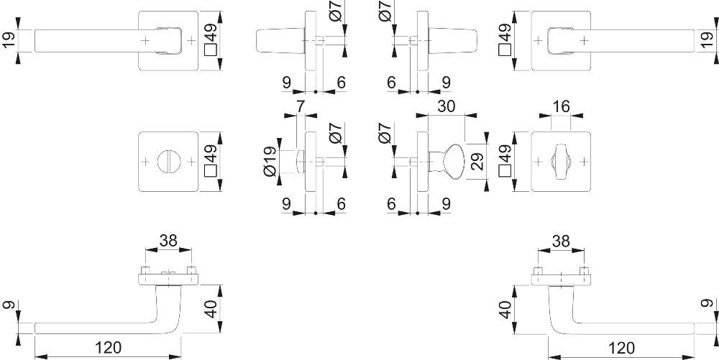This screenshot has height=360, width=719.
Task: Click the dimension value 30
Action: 446,106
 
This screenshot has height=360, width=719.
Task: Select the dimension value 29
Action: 478,162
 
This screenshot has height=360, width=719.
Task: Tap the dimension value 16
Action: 561,106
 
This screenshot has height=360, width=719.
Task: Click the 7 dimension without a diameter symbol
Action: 301,106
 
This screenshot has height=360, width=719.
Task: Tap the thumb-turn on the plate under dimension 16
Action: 561,162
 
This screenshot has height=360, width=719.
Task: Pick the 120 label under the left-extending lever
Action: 109,348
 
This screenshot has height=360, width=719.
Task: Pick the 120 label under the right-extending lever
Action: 621,348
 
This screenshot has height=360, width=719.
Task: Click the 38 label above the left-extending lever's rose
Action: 168,241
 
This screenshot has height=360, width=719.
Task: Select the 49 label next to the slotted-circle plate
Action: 210,162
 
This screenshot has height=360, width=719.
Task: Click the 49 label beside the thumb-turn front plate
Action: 505,162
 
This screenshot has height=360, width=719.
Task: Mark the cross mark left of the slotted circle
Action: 145,162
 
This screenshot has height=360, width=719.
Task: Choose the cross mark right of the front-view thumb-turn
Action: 584,162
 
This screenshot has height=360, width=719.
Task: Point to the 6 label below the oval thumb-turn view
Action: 391,204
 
